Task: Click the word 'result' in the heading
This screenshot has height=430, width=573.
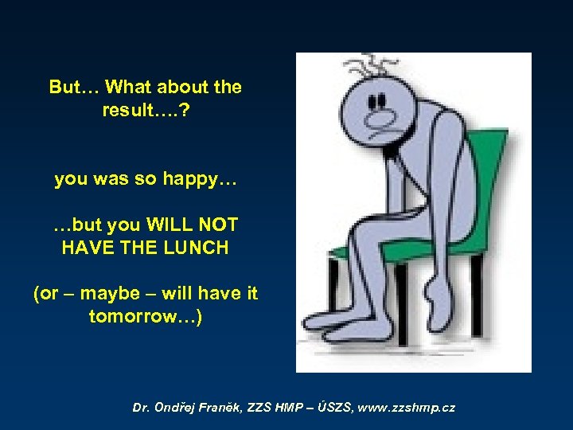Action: pyautogui.click(x=130, y=110)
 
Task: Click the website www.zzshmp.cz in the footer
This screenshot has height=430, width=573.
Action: pyautogui.click(x=406, y=407)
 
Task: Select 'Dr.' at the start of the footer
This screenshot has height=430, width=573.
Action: pyautogui.click(x=141, y=407)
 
